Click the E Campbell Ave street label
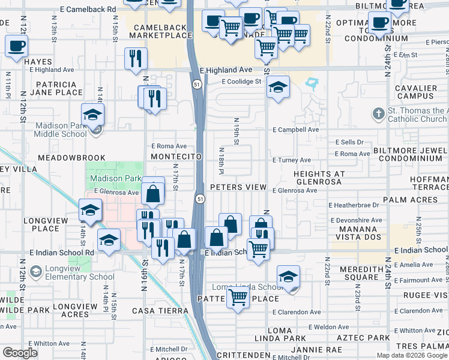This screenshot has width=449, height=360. pos(295,130)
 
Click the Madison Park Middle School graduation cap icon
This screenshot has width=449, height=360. pos(93,115)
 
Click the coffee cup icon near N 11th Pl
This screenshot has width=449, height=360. pos(17,46)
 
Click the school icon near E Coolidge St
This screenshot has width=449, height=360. pos(278,87)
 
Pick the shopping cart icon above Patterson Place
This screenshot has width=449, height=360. pos(238,296)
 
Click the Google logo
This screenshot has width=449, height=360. pos(20,353)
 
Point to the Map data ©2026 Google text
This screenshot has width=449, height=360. pos(411,355)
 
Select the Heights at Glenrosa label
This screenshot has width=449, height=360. pos(319,178)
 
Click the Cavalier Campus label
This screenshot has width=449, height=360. pos(416,92)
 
